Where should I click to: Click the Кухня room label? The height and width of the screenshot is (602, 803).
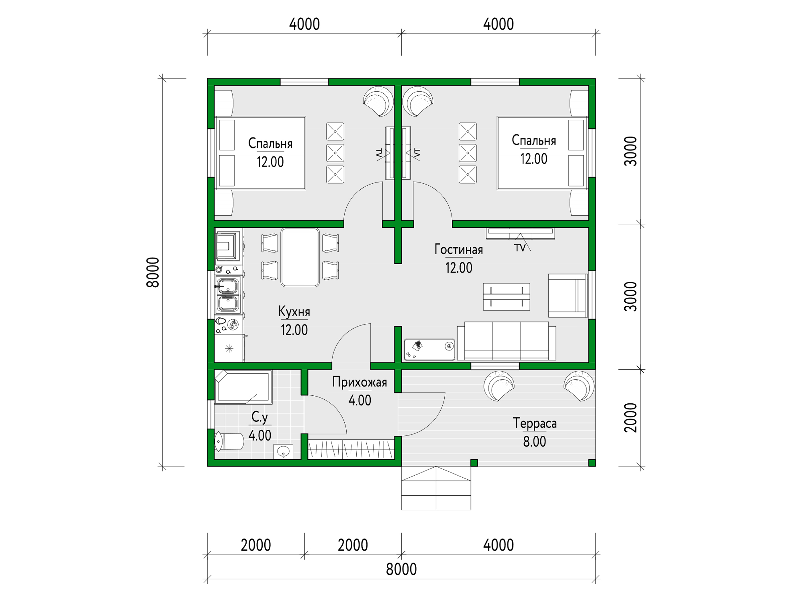pyautogui.click(x=294, y=312)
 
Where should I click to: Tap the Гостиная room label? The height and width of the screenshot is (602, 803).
pyautogui.click(x=458, y=249)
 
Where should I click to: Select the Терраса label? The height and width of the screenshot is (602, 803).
pyautogui.click(x=534, y=423)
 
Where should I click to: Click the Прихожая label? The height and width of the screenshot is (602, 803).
pyautogui.click(x=359, y=382)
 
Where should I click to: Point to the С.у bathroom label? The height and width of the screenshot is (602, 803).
pyautogui.click(x=260, y=417)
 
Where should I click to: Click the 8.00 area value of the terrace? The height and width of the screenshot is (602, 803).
pyautogui.click(x=534, y=441)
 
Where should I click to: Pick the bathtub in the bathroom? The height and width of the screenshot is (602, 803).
pyautogui.click(x=243, y=387)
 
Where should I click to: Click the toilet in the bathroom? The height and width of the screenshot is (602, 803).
pyautogui.click(x=229, y=441)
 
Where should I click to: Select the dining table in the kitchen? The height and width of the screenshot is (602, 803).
pyautogui.click(x=300, y=257)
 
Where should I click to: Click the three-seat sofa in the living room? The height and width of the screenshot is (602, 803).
pyautogui.click(x=507, y=341)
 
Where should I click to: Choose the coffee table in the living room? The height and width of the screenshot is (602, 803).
pyautogui.click(x=507, y=297)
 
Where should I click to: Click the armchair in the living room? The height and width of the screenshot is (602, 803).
pyautogui.click(x=568, y=296)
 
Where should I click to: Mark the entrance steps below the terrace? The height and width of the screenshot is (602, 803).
pyautogui.click(x=436, y=488)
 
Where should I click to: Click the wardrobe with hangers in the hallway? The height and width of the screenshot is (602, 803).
pyautogui.click(x=351, y=449)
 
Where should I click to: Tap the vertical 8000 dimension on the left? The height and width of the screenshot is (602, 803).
pyautogui.click(x=153, y=273)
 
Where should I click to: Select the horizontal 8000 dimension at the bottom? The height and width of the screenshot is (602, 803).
pyautogui.click(x=401, y=569)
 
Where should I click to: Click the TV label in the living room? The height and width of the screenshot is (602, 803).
pyautogui.click(x=520, y=248)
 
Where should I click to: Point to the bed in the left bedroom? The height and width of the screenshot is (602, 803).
pyautogui.click(x=260, y=153)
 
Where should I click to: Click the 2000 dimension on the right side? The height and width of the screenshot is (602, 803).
pyautogui.click(x=631, y=418)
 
